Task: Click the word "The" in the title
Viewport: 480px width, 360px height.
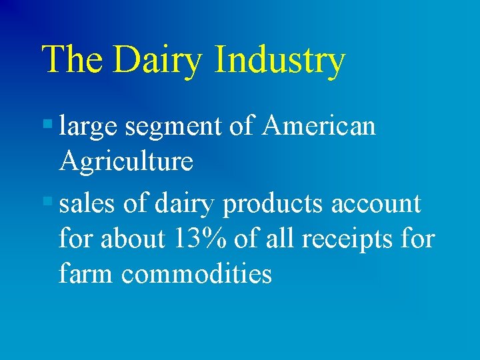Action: click(x=72, y=59)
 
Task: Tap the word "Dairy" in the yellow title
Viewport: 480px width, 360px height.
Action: click(x=157, y=61)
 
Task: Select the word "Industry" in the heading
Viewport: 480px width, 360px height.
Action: click(x=280, y=61)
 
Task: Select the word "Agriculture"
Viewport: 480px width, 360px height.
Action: click(x=126, y=161)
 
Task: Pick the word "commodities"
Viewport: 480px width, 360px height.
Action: click(x=196, y=273)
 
